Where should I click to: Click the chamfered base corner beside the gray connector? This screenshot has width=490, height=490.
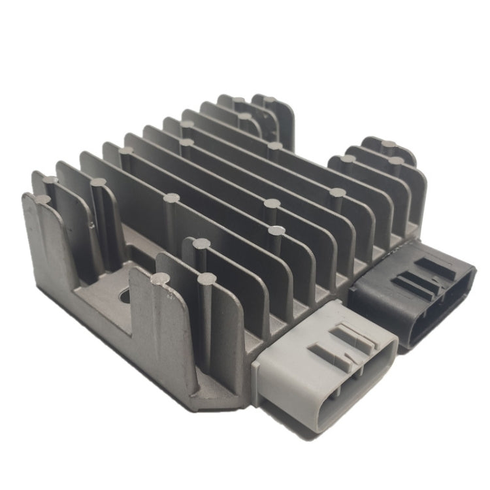pyautogui.click(x=216, y=392)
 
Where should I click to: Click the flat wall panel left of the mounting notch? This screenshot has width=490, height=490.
pyautogui.click(x=49, y=261)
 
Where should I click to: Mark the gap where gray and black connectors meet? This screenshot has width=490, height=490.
pyautogui.click(x=353, y=307)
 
